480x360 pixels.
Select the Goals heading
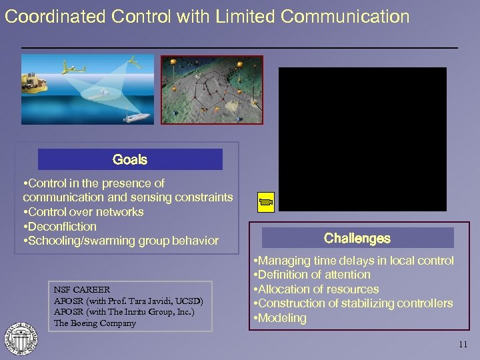pos(130,159)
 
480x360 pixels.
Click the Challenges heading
pos(357,238)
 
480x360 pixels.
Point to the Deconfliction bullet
pos(59,227)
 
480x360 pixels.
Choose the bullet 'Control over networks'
pos(83,212)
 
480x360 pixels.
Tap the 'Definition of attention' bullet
pos(312,275)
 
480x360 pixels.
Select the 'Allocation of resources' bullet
pos(316,289)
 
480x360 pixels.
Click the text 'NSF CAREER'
pos(78,290)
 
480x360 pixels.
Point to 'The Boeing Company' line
pos(94,323)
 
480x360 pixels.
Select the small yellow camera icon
pos(266,201)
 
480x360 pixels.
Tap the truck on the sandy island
pos(35,81)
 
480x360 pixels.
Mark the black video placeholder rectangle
pos(362,139)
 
